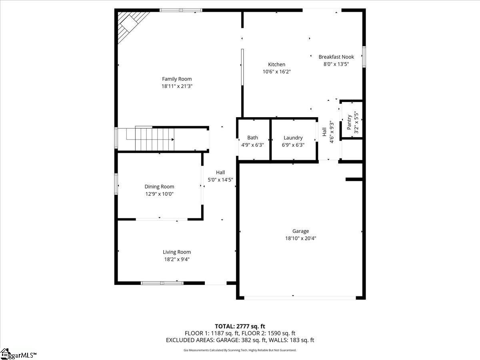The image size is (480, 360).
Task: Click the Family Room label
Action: click(x=177, y=79)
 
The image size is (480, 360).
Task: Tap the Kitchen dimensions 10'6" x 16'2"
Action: click(x=277, y=72)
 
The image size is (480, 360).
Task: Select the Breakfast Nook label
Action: click(x=336, y=57)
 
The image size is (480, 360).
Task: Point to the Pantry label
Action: click(x=349, y=122)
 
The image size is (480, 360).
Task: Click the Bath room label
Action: click(x=252, y=138)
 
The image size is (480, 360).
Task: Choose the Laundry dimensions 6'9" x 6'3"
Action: click(x=293, y=145)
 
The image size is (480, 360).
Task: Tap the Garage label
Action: click(x=300, y=231)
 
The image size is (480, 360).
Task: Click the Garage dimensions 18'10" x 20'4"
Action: click(x=300, y=238)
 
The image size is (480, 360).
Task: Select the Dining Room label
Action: click(x=159, y=187)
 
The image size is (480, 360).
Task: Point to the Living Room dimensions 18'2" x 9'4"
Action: click(x=177, y=260)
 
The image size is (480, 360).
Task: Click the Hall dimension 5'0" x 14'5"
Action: click(x=220, y=180)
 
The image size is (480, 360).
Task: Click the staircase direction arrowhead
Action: click(x=173, y=140)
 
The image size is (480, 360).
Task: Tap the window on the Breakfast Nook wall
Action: click(x=364, y=57)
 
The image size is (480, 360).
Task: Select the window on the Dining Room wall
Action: click(x=116, y=184)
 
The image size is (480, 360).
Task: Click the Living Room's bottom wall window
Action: click(x=162, y=283)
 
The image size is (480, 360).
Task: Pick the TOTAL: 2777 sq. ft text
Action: click(x=240, y=326)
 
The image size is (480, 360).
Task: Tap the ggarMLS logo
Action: click(x=18, y=354)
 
